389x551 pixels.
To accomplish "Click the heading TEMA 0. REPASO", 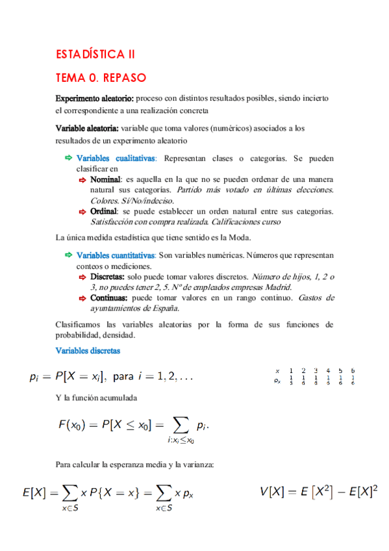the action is pyautogui.click(x=101, y=78).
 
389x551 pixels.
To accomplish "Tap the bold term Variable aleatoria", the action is pyautogui.click(x=86, y=129).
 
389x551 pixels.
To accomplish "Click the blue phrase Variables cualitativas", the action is pyautogui.click(x=116, y=158).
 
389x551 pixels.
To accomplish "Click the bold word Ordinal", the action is pyautogui.click(x=103, y=211).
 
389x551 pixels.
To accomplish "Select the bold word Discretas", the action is pyautogui.click(x=108, y=276).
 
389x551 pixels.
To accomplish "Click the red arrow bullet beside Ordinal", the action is pyautogui.click(x=82, y=211).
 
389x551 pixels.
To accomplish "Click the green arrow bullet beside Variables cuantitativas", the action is pyautogui.click(x=68, y=255).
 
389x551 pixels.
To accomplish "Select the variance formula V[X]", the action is pyautogui.click(x=319, y=492).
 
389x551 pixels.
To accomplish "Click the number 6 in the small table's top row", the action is pyautogui.click(x=352, y=370).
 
